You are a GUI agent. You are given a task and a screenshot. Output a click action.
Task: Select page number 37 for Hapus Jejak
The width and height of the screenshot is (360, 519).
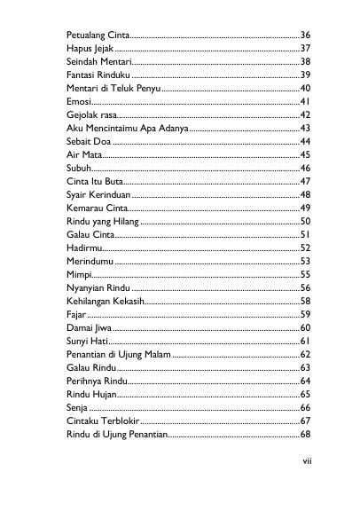coord(304,47)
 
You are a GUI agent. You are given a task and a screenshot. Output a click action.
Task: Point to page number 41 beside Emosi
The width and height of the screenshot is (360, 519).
coord(304,103)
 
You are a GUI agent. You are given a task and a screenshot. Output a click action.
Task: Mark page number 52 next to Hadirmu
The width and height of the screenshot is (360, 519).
coord(304,248)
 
